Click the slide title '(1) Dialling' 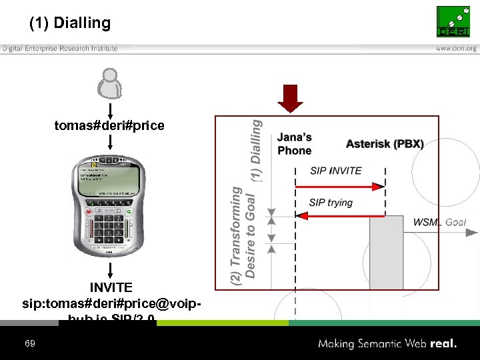[x=70, y=23]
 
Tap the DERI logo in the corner [x=453, y=22]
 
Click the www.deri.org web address [x=457, y=48]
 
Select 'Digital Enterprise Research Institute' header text [x=60, y=48]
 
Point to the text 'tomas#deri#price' [x=109, y=125]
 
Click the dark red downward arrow [x=291, y=98]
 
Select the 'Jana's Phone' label [x=295, y=144]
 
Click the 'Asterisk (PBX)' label [x=385, y=144]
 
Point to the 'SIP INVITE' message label [x=336, y=171]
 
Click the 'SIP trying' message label [x=331, y=203]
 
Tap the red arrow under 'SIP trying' [x=340, y=215]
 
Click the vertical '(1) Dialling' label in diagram [x=256, y=151]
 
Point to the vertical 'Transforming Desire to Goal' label [x=243, y=235]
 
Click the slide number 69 [x=29, y=343]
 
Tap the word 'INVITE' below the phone [x=111, y=288]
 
